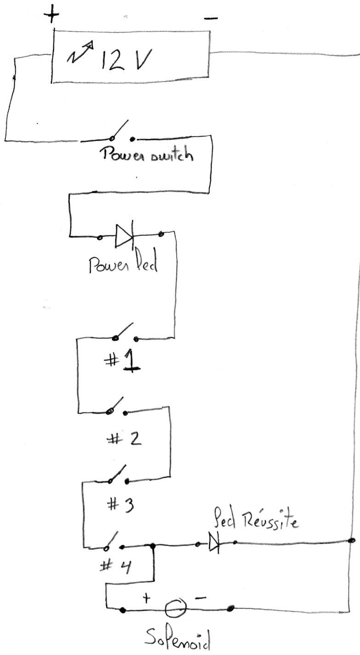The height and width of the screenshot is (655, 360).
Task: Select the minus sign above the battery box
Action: click(x=211, y=18)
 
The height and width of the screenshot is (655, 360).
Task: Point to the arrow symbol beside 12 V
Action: click(x=80, y=53)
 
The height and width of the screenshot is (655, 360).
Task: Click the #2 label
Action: click(x=124, y=439)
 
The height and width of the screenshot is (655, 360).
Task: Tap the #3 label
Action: click(x=120, y=505)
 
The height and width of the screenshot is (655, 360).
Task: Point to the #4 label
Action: click(x=116, y=564)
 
